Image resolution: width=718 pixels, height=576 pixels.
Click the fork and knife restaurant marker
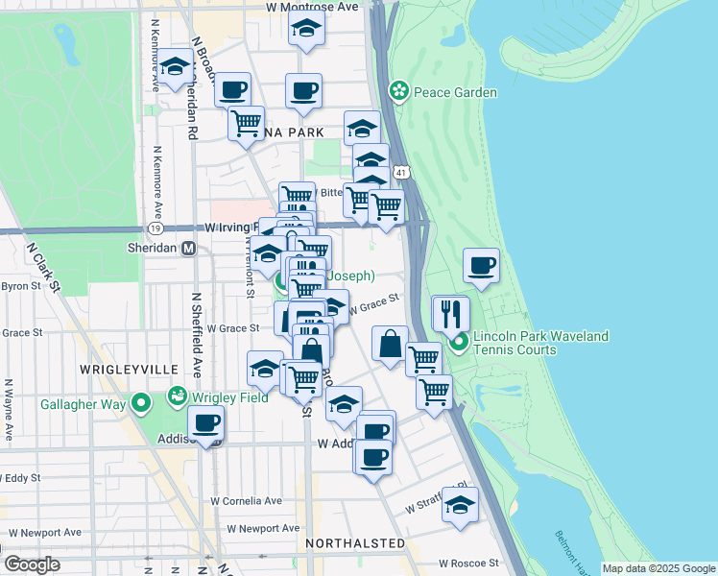click(449, 313)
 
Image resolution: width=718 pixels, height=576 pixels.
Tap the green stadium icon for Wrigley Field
click(178, 396)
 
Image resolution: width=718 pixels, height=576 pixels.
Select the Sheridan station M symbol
click(189, 248)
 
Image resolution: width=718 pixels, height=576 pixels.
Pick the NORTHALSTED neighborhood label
click(354, 543)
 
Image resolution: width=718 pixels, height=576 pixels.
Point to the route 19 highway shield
click(155, 228)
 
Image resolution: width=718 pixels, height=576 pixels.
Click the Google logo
click(32, 564)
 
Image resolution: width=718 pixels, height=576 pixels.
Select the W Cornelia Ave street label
click(247, 501)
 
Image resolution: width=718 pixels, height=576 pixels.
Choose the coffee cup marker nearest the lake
click(481, 265)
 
